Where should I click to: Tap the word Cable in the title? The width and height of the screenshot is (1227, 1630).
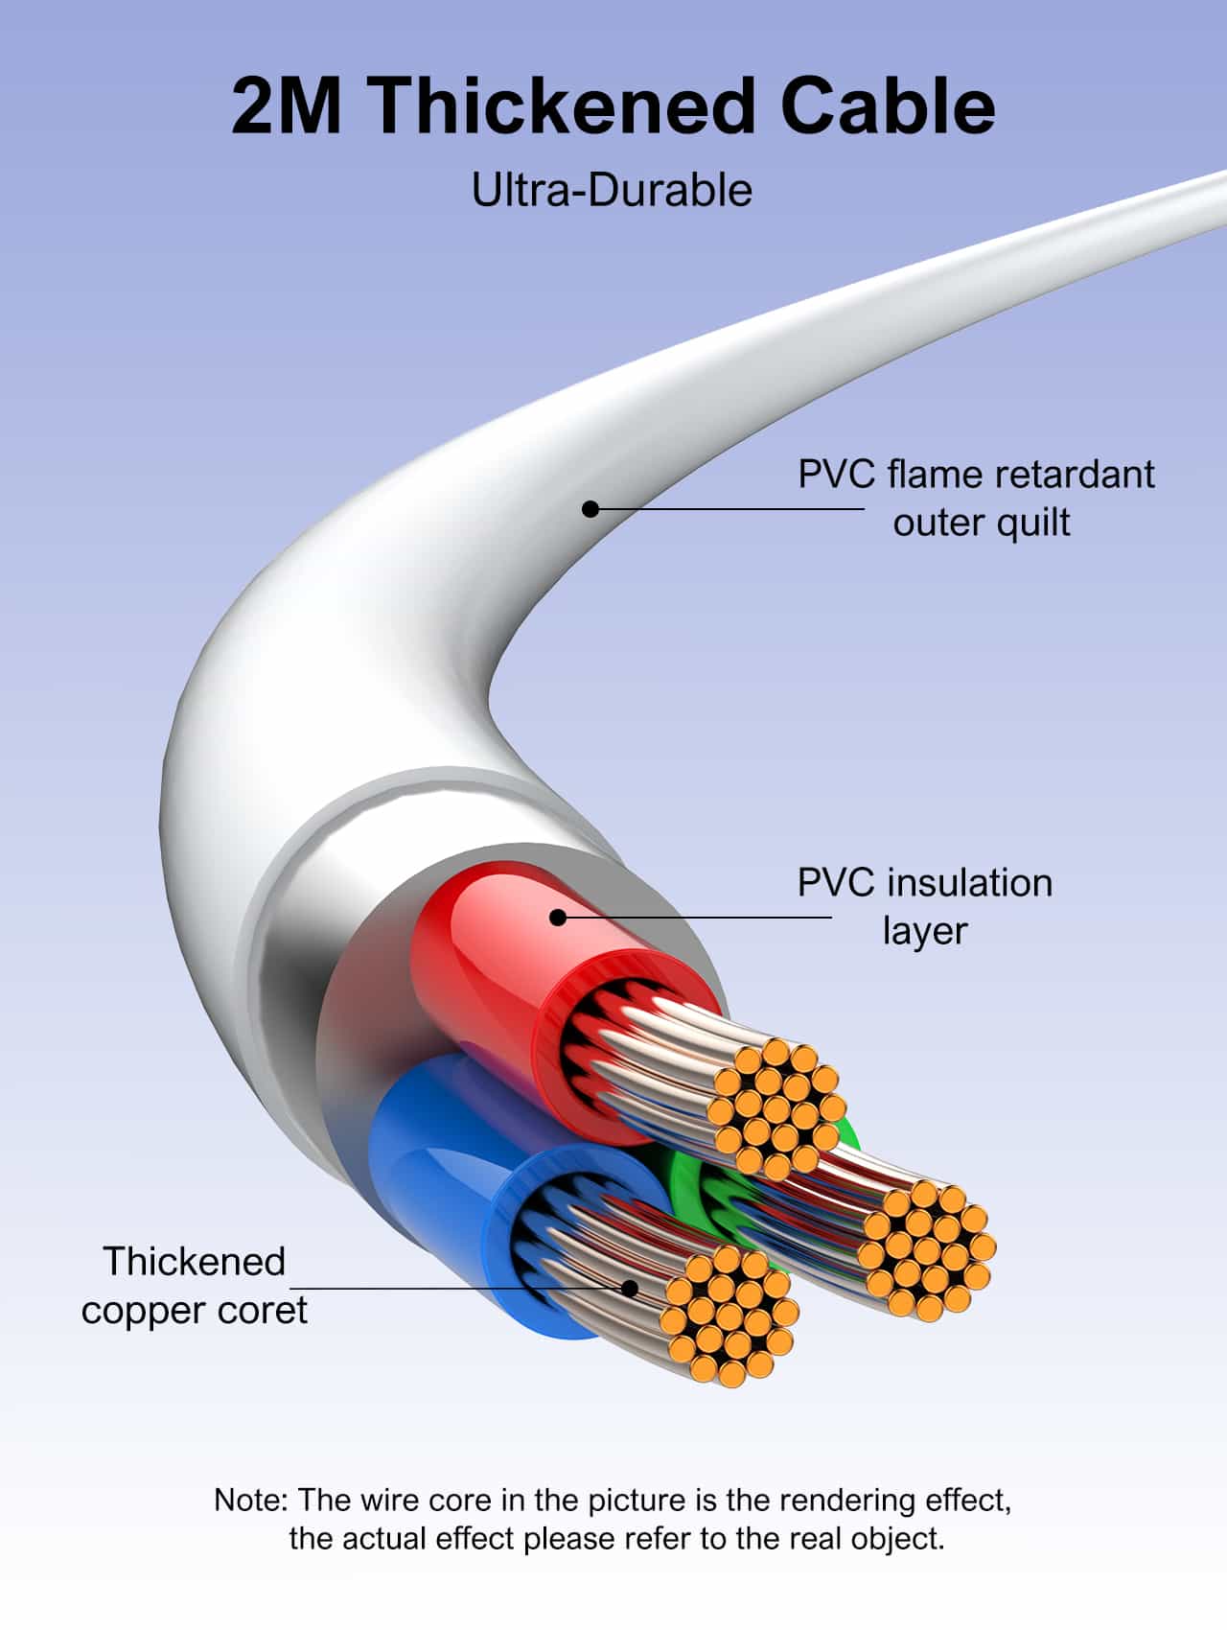(888, 105)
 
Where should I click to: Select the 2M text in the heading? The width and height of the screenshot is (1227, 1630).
(286, 105)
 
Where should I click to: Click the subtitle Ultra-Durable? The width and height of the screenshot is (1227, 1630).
(612, 190)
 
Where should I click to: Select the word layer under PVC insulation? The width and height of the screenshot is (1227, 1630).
(924, 931)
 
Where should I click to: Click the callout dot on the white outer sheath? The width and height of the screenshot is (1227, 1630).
(590, 508)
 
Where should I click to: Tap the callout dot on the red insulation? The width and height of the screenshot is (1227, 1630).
(558, 918)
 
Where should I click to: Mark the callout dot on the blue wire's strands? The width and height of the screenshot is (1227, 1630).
(630, 1288)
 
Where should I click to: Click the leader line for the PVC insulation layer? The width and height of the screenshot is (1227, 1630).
(700, 918)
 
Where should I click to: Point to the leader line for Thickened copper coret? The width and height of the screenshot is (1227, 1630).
(460, 1288)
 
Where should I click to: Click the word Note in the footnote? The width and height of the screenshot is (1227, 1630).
(248, 1501)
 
